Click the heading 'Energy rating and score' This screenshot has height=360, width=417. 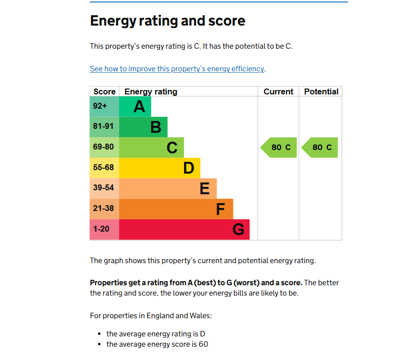point(167,21)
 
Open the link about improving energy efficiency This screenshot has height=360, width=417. point(177,69)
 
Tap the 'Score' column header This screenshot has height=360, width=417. point(104,91)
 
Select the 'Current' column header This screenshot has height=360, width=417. point(278,91)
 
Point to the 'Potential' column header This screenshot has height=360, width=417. point(321,91)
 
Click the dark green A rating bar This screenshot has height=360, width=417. point(135,106)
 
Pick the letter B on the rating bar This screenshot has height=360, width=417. point(156,127)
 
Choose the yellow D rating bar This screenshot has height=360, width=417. point(160,168)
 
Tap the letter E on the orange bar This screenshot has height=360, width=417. point(205,188)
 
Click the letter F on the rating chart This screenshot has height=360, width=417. point(221,210)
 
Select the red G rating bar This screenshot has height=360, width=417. point(184,230)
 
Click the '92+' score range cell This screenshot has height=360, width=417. point(100,106)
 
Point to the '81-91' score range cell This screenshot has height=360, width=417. point(103,126)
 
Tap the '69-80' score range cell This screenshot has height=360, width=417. point(103,147)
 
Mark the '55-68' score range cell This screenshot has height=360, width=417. point(103,168)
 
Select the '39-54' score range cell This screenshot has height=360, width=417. point(103,188)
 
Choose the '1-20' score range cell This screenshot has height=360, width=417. point(101,229)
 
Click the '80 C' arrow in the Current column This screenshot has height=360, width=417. point(280,148)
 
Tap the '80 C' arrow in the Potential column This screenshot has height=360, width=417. point(321,148)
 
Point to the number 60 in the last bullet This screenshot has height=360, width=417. point(203,344)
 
